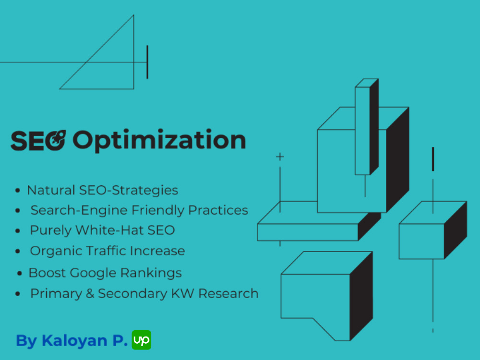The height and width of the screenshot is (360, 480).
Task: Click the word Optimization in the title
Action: (159, 141)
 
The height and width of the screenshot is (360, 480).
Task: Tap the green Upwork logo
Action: (142, 340)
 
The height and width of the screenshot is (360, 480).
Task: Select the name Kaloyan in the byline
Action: (74, 341)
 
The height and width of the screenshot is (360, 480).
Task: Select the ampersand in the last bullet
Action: (90, 294)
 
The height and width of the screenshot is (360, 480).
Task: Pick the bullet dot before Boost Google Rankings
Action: (20, 273)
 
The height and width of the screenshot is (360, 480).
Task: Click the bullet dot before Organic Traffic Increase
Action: (18, 252)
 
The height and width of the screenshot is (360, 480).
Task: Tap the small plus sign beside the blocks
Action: (280, 157)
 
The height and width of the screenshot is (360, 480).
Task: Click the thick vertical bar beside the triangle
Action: (147, 62)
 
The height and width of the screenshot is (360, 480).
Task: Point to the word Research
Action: (228, 294)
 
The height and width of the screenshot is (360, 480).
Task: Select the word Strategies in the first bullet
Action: (145, 191)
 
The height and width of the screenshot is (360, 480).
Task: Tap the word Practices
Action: (218, 210)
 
